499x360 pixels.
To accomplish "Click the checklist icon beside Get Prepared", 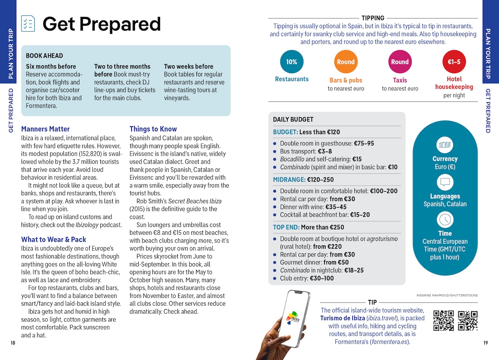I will click(x=28, y=23).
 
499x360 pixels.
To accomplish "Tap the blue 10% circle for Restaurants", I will click(x=292, y=62).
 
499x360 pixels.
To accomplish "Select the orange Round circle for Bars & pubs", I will click(x=346, y=62).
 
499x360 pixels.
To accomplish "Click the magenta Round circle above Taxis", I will click(x=400, y=62).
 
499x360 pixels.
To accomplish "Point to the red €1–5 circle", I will click(x=454, y=62).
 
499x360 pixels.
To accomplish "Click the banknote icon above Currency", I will click(x=445, y=145).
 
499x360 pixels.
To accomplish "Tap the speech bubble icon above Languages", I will click(x=445, y=182).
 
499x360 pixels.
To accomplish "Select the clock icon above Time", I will click(x=445, y=219).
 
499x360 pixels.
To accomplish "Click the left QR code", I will click(x=443, y=321).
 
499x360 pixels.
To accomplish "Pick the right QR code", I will click(x=468, y=321).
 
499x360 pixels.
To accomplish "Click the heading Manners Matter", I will click(x=45, y=129).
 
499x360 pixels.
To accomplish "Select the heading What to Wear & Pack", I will click(x=53, y=239).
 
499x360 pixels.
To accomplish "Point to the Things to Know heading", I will click(x=153, y=129).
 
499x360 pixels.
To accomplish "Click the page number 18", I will click(x=13, y=343).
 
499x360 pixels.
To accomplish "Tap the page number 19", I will click(x=485, y=343).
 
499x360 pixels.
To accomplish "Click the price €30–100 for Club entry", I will click(x=322, y=278).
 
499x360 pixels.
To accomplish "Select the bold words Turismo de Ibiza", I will click(x=342, y=318).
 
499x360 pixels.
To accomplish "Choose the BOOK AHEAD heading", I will click(x=44, y=56).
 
